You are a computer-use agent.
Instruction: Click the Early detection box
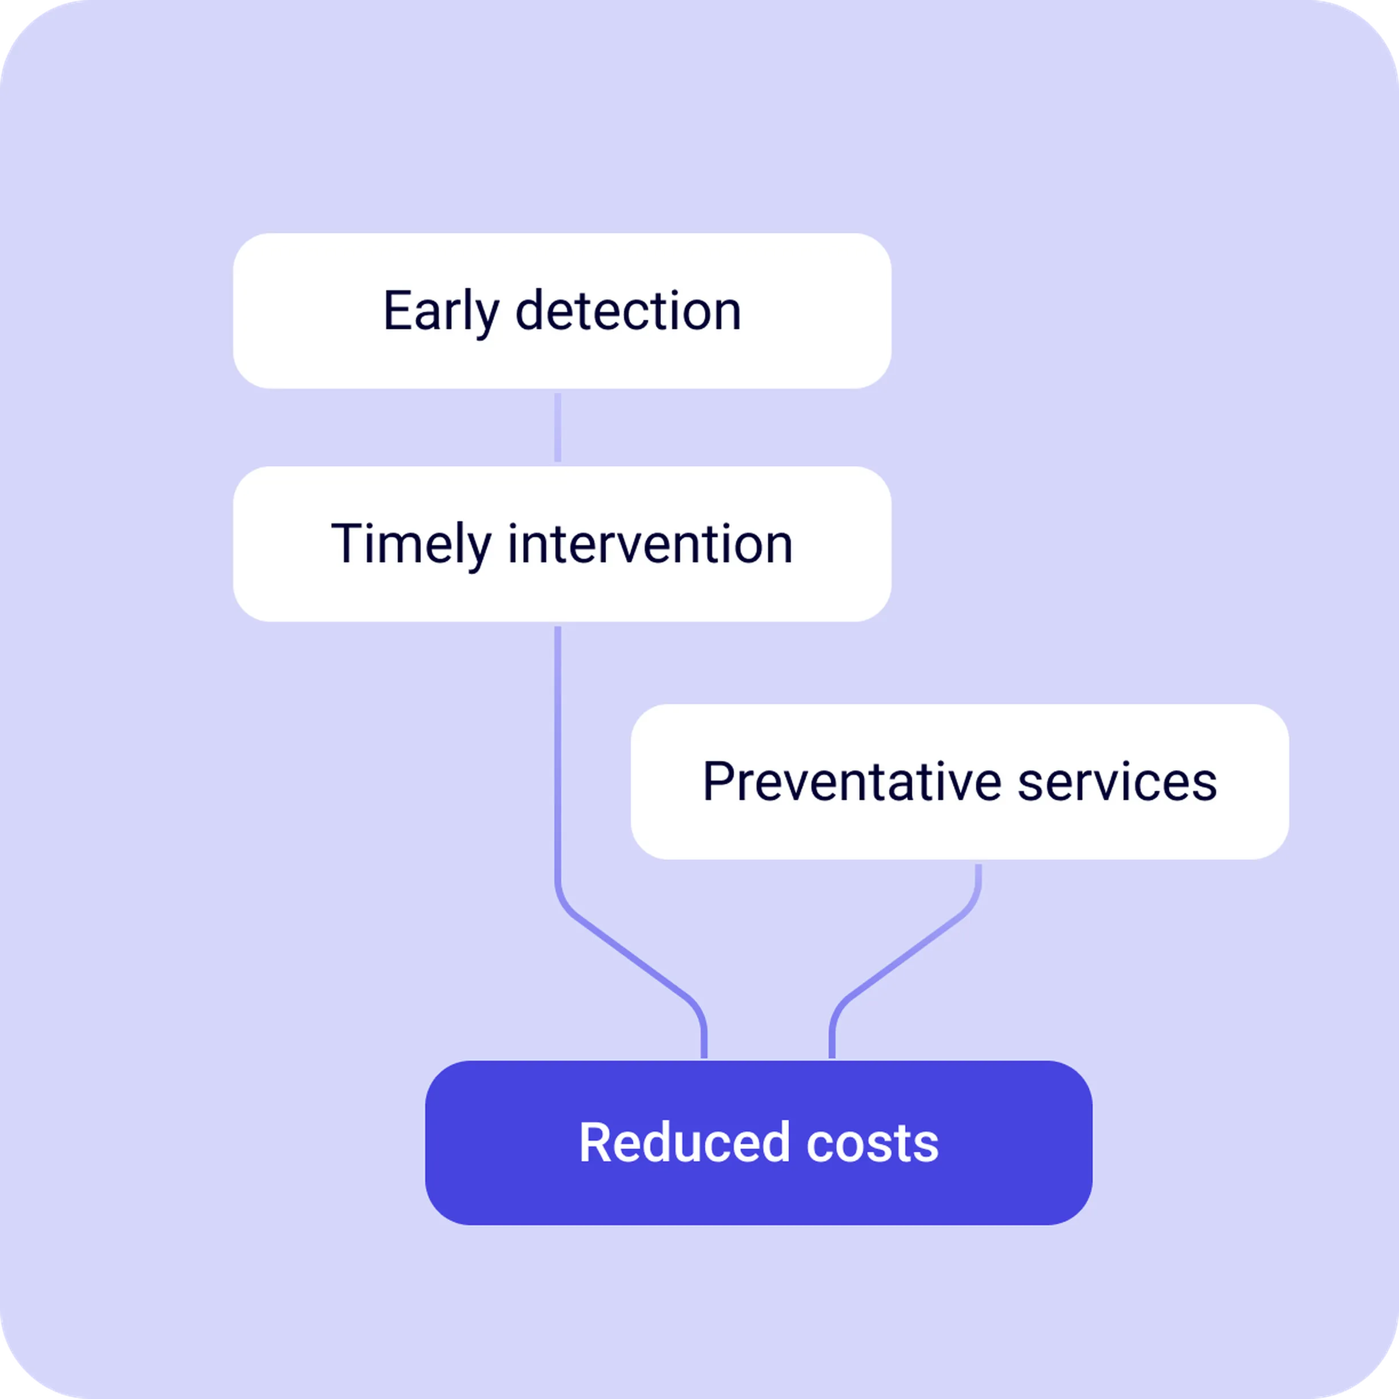pyautogui.click(x=562, y=311)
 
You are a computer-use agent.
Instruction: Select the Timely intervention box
pyautogui.click(x=562, y=544)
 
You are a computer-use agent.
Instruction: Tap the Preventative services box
pyautogui.click(x=960, y=782)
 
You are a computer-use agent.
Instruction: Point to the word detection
pyautogui.click(x=628, y=311)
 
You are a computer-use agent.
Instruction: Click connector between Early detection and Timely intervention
pyautogui.click(x=558, y=427)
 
